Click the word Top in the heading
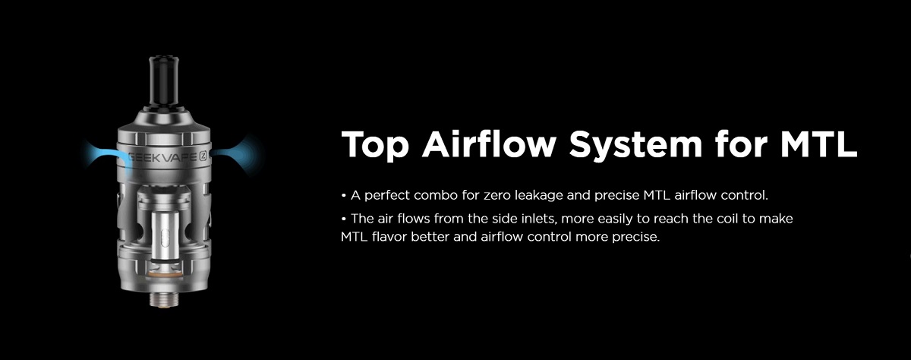tap(375, 145)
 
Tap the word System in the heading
tap(635, 145)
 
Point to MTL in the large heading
tap(818, 144)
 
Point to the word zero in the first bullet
tap(497, 197)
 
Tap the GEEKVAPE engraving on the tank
tap(163, 157)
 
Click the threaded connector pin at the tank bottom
tap(164, 300)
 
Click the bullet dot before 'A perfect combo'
tap(344, 196)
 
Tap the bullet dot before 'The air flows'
tap(344, 219)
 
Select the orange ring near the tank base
tap(164, 275)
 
